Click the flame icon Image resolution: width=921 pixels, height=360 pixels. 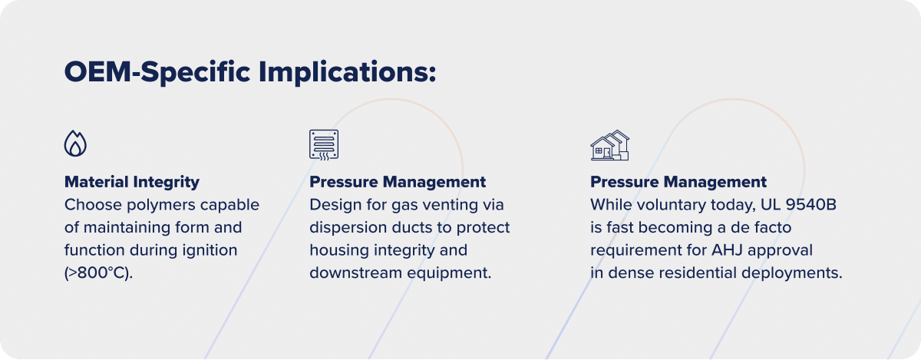[x=75, y=144]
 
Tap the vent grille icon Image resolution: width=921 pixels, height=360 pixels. [x=324, y=145]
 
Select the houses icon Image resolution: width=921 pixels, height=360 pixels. [x=609, y=145]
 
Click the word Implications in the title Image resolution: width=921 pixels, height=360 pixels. [x=347, y=72]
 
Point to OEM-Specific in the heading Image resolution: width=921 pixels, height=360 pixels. [x=157, y=72]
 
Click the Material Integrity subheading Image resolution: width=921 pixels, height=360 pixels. [x=132, y=182]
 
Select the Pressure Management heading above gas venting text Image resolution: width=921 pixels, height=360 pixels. [x=398, y=182]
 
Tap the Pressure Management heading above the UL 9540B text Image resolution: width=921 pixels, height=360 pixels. [x=678, y=182]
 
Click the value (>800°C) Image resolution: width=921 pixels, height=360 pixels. [x=99, y=272]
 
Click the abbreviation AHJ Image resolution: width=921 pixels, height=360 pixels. [x=727, y=250]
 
